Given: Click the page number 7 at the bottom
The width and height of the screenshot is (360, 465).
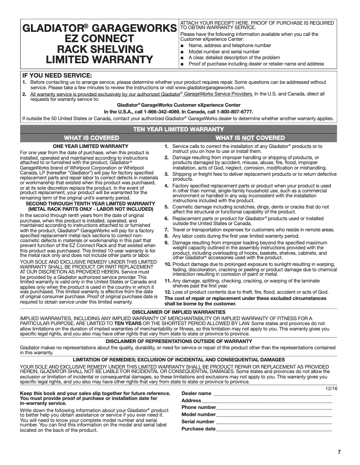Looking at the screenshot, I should (x=339, y=452).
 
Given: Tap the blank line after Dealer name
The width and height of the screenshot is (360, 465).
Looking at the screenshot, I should (x=272, y=395).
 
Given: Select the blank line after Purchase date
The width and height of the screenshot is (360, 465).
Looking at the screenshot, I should (x=274, y=430).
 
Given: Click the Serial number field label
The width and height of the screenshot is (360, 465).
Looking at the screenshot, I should (x=198, y=422).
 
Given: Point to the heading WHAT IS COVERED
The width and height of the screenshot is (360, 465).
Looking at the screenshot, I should (x=92, y=138).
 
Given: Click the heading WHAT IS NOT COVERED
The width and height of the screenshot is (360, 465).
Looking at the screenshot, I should (x=250, y=138).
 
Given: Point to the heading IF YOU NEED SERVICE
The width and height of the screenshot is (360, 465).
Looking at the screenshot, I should (x=57, y=75).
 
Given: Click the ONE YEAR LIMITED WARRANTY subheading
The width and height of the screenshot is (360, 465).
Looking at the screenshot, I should (x=91, y=146).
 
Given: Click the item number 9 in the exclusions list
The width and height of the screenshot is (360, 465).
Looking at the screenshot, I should (x=167, y=243).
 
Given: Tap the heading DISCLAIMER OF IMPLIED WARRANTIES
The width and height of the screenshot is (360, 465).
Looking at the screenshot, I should (x=179, y=312).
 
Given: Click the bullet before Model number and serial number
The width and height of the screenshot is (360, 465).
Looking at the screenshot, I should (x=182, y=52).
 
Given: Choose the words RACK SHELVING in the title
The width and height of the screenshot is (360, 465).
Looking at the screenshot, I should (x=100, y=48).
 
